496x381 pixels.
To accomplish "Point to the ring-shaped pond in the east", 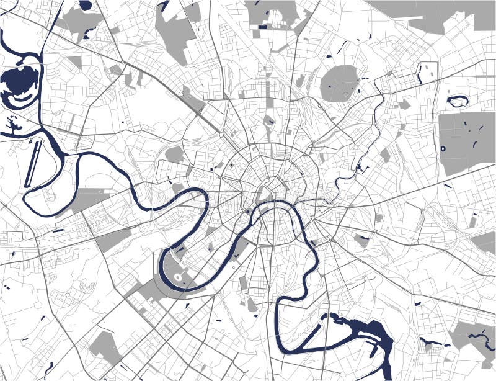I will click(458, 101).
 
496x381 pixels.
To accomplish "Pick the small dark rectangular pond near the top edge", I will click(263, 27).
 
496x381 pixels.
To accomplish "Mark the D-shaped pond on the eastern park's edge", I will click(443, 148).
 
